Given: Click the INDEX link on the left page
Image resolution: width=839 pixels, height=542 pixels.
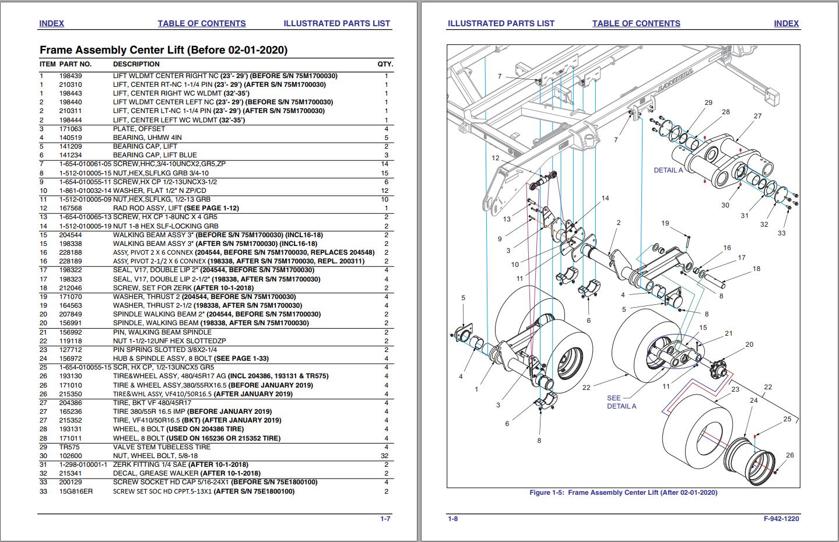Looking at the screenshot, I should pyautogui.click(x=51, y=23).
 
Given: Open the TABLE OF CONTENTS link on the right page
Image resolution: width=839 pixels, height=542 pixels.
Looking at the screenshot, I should pyautogui.click(x=636, y=23).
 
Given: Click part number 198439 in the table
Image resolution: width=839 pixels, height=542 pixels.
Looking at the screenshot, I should pyautogui.click(x=71, y=76).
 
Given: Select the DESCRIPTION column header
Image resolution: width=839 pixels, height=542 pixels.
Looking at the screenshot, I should pyautogui.click(x=136, y=64).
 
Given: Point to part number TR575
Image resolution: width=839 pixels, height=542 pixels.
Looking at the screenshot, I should pyautogui.click(x=69, y=447).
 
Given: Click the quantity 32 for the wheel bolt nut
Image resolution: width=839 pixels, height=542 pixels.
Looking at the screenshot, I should pyautogui.click(x=384, y=456).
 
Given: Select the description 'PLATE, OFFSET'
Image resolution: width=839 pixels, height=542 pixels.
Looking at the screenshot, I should pyautogui.click(x=139, y=129).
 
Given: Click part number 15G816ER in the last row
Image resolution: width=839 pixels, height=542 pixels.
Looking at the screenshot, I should pyautogui.click(x=76, y=491).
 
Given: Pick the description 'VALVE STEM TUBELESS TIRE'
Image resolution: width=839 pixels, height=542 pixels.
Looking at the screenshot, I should pyautogui.click(x=162, y=447).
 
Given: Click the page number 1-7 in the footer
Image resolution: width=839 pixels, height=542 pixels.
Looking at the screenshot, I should pyautogui.click(x=385, y=519).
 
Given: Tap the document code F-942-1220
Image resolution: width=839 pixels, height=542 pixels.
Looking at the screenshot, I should pyautogui.click(x=781, y=519).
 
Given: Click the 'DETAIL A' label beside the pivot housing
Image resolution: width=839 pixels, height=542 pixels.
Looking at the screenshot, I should pyautogui.click(x=668, y=170).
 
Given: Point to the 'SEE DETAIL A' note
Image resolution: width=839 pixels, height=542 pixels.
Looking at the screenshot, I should pyautogui.click(x=622, y=402).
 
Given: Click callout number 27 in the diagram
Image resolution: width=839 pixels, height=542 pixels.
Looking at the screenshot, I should pyautogui.click(x=757, y=116).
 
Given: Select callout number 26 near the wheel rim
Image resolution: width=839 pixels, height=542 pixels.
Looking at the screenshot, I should pyautogui.click(x=789, y=455).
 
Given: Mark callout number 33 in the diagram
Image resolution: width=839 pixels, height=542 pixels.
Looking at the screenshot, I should pyautogui.click(x=781, y=233).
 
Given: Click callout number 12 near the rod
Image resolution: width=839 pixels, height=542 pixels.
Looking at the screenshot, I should pyautogui.click(x=495, y=158).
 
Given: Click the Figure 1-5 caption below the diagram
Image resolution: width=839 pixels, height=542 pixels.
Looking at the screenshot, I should pyautogui.click(x=623, y=492).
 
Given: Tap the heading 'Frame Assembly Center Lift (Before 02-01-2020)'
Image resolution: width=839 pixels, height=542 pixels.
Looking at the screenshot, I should pyautogui.click(x=163, y=50).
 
